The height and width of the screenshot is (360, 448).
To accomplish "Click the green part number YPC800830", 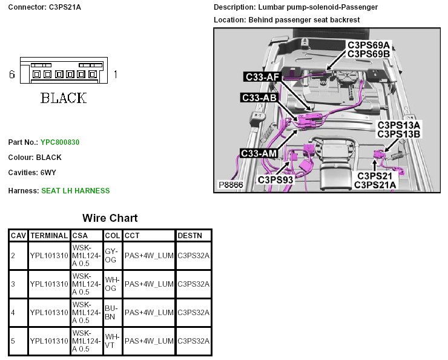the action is [x=60, y=142].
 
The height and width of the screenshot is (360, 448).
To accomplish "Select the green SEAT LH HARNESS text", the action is [x=75, y=191].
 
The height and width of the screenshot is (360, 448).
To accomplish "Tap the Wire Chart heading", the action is [x=110, y=218].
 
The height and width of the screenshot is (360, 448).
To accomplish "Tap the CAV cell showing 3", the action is [x=13, y=284].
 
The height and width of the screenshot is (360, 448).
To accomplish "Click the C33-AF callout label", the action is [x=263, y=77].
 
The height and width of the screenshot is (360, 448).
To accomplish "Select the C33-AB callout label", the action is [x=259, y=97].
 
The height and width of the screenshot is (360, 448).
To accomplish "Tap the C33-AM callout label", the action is [x=259, y=153].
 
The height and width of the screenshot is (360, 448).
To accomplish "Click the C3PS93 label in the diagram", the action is [x=275, y=180].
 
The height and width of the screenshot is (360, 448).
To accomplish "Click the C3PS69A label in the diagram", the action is [x=369, y=45].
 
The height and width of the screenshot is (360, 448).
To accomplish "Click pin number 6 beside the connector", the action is [x=12, y=74].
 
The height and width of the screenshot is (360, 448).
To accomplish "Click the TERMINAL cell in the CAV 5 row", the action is [x=48, y=341].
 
